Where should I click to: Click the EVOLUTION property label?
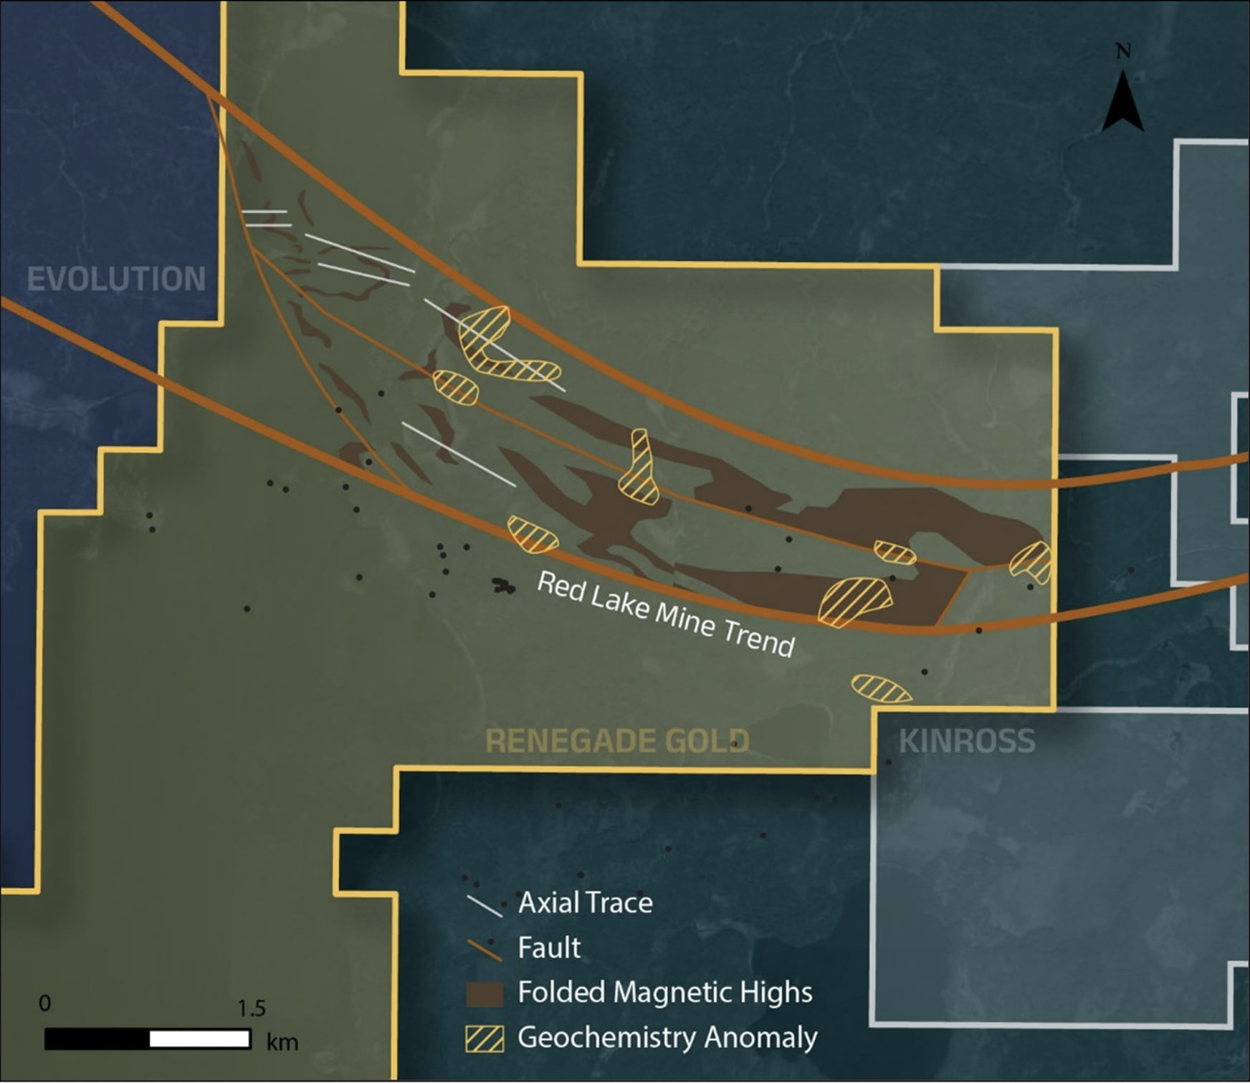(x=116, y=279)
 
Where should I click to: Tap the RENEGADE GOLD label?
(x=617, y=740)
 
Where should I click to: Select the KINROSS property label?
(x=966, y=740)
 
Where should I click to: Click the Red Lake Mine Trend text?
(x=666, y=614)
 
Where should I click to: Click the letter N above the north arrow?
(x=1123, y=52)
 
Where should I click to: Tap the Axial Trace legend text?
(x=585, y=902)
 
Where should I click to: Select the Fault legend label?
(x=548, y=948)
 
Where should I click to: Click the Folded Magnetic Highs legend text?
(x=664, y=993)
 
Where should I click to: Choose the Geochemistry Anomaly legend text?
(x=667, y=1037)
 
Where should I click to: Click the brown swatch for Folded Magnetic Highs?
(x=485, y=994)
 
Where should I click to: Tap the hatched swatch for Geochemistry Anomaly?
(x=485, y=1039)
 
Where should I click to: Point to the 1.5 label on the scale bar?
(x=251, y=1008)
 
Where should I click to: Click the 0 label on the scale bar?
(x=44, y=1003)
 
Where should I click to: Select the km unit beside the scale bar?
(x=282, y=1041)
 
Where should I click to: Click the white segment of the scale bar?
(x=200, y=1039)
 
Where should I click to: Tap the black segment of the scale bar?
(x=97, y=1039)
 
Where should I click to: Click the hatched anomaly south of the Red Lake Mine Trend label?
(x=881, y=688)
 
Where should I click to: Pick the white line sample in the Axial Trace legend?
(x=485, y=906)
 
